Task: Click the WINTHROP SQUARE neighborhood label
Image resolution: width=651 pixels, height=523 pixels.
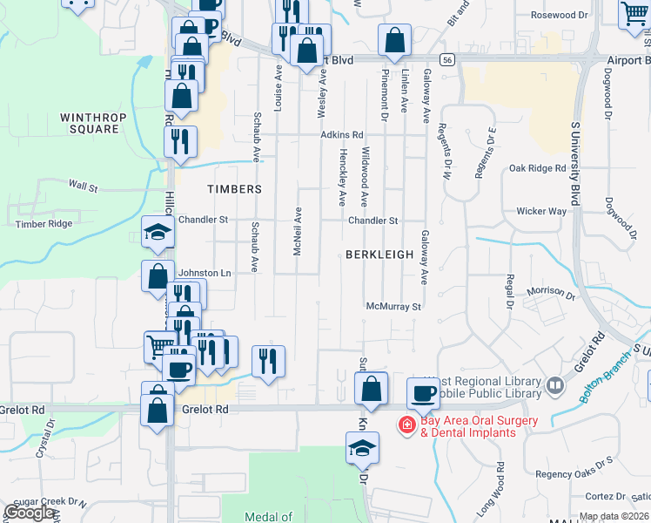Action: click(93, 123)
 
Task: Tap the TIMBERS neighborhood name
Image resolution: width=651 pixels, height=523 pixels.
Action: click(234, 189)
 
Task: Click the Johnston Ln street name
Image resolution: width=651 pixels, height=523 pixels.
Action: click(205, 273)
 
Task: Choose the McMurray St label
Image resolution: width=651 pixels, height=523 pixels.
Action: click(393, 307)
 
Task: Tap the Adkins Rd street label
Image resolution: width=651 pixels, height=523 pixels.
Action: click(341, 135)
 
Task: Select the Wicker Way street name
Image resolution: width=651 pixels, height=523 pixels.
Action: click(541, 211)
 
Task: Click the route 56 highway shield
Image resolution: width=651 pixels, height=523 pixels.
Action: click(446, 59)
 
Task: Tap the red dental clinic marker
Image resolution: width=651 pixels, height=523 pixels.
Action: click(406, 425)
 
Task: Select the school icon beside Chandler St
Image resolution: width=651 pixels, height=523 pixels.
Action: click(158, 233)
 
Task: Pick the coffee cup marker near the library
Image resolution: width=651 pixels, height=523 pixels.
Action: click(424, 393)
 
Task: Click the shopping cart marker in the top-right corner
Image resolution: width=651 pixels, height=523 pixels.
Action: click(635, 15)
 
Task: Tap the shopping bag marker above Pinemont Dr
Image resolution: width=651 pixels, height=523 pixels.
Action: click(394, 40)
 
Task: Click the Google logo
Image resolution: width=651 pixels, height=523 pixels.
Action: click(30, 513)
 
